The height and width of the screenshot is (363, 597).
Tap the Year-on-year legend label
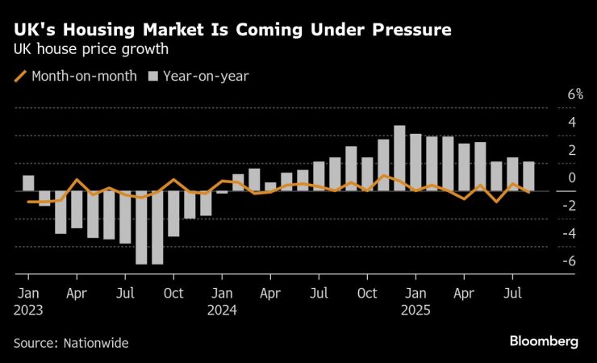point(206,77)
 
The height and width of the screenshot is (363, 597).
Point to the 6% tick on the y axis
point(553,94)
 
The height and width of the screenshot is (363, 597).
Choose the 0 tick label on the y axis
point(556,177)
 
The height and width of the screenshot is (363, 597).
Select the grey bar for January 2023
point(28,183)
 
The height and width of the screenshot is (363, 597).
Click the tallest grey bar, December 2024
point(399,159)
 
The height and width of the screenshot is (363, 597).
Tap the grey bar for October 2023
point(173,214)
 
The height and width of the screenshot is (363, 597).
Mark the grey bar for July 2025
point(512,174)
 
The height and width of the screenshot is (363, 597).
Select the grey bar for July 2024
point(319,177)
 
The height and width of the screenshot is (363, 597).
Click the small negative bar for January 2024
point(222,193)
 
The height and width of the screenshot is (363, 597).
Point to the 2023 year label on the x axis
point(28,309)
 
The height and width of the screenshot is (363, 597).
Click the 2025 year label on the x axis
point(415,309)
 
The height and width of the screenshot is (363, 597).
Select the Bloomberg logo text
point(544,341)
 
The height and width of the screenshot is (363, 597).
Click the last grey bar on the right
point(528,177)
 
